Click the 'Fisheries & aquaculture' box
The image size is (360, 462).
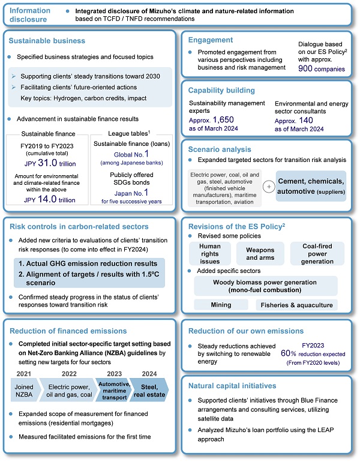click(295, 305)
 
